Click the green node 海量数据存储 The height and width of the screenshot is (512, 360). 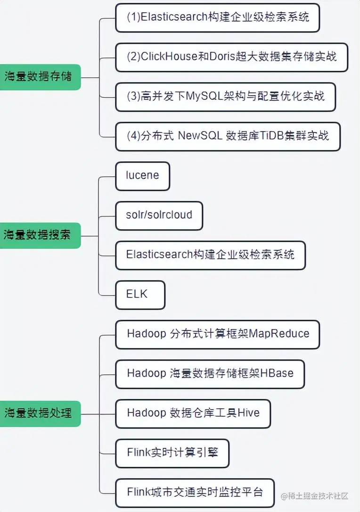coord(39,76)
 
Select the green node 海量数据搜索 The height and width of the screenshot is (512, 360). coord(39,234)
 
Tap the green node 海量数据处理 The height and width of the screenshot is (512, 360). coord(39,413)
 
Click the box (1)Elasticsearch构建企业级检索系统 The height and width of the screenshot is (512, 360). coord(217,18)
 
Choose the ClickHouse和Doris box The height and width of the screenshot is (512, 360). coord(231,58)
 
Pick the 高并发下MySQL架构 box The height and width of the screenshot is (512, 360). coord(225,97)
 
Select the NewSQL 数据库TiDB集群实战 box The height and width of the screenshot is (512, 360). coord(228,136)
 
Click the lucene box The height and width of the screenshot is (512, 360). coord(142,176)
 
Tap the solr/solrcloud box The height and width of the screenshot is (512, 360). coord(159,215)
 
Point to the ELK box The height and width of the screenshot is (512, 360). coord(140,295)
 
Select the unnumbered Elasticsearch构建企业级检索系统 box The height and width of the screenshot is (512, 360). coord(210,255)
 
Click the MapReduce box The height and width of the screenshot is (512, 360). coord(218,334)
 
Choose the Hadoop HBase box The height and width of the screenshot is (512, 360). coord(210,374)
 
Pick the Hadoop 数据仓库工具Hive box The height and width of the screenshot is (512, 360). coord(193,413)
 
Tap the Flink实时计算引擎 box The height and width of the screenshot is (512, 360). coord(172,453)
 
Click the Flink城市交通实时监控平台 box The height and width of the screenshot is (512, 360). coord(195,493)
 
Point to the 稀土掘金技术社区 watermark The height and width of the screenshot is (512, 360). coord(315,496)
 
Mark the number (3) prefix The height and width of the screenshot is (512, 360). coord(133,97)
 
